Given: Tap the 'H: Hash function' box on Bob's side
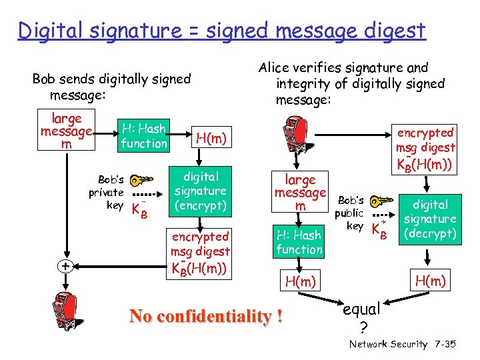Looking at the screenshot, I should pos(144,135).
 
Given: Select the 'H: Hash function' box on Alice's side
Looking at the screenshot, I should pos(299,242).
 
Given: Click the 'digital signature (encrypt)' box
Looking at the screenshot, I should pos(201,191).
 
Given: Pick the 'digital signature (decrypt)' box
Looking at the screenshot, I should pos(430,219).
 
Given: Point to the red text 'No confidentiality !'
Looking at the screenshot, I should pos(205,316).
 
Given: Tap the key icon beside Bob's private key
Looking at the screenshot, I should pos(140,181).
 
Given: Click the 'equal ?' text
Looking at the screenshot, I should pos(361,317).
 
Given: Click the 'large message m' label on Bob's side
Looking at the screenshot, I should pos(66,131).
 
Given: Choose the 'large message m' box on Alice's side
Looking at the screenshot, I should pos(300,192).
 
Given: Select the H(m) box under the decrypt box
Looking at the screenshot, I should pos(430,281).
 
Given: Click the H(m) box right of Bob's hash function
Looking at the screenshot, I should pos(211,138).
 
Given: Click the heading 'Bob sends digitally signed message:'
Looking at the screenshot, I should pos(111,87).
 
